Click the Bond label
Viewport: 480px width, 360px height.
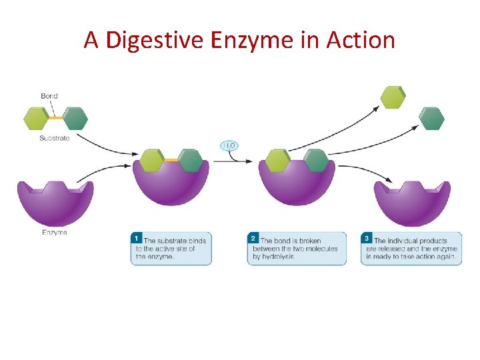49,96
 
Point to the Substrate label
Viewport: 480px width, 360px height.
54,138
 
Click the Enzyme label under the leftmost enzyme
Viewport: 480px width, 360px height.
54,233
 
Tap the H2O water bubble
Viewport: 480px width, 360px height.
229,145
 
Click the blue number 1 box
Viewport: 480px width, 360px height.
137,238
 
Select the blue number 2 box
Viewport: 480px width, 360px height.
253,238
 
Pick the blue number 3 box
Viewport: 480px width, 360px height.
367,238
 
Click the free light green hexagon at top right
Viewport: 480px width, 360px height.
393,97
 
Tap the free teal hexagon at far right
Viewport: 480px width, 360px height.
431,118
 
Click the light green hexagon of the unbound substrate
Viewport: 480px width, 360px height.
36,118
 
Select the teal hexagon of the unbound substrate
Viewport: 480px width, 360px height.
75,118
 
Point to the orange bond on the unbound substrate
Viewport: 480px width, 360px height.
56,118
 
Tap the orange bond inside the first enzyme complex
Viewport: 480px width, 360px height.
171,160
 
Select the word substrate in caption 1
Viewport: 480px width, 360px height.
171,241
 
